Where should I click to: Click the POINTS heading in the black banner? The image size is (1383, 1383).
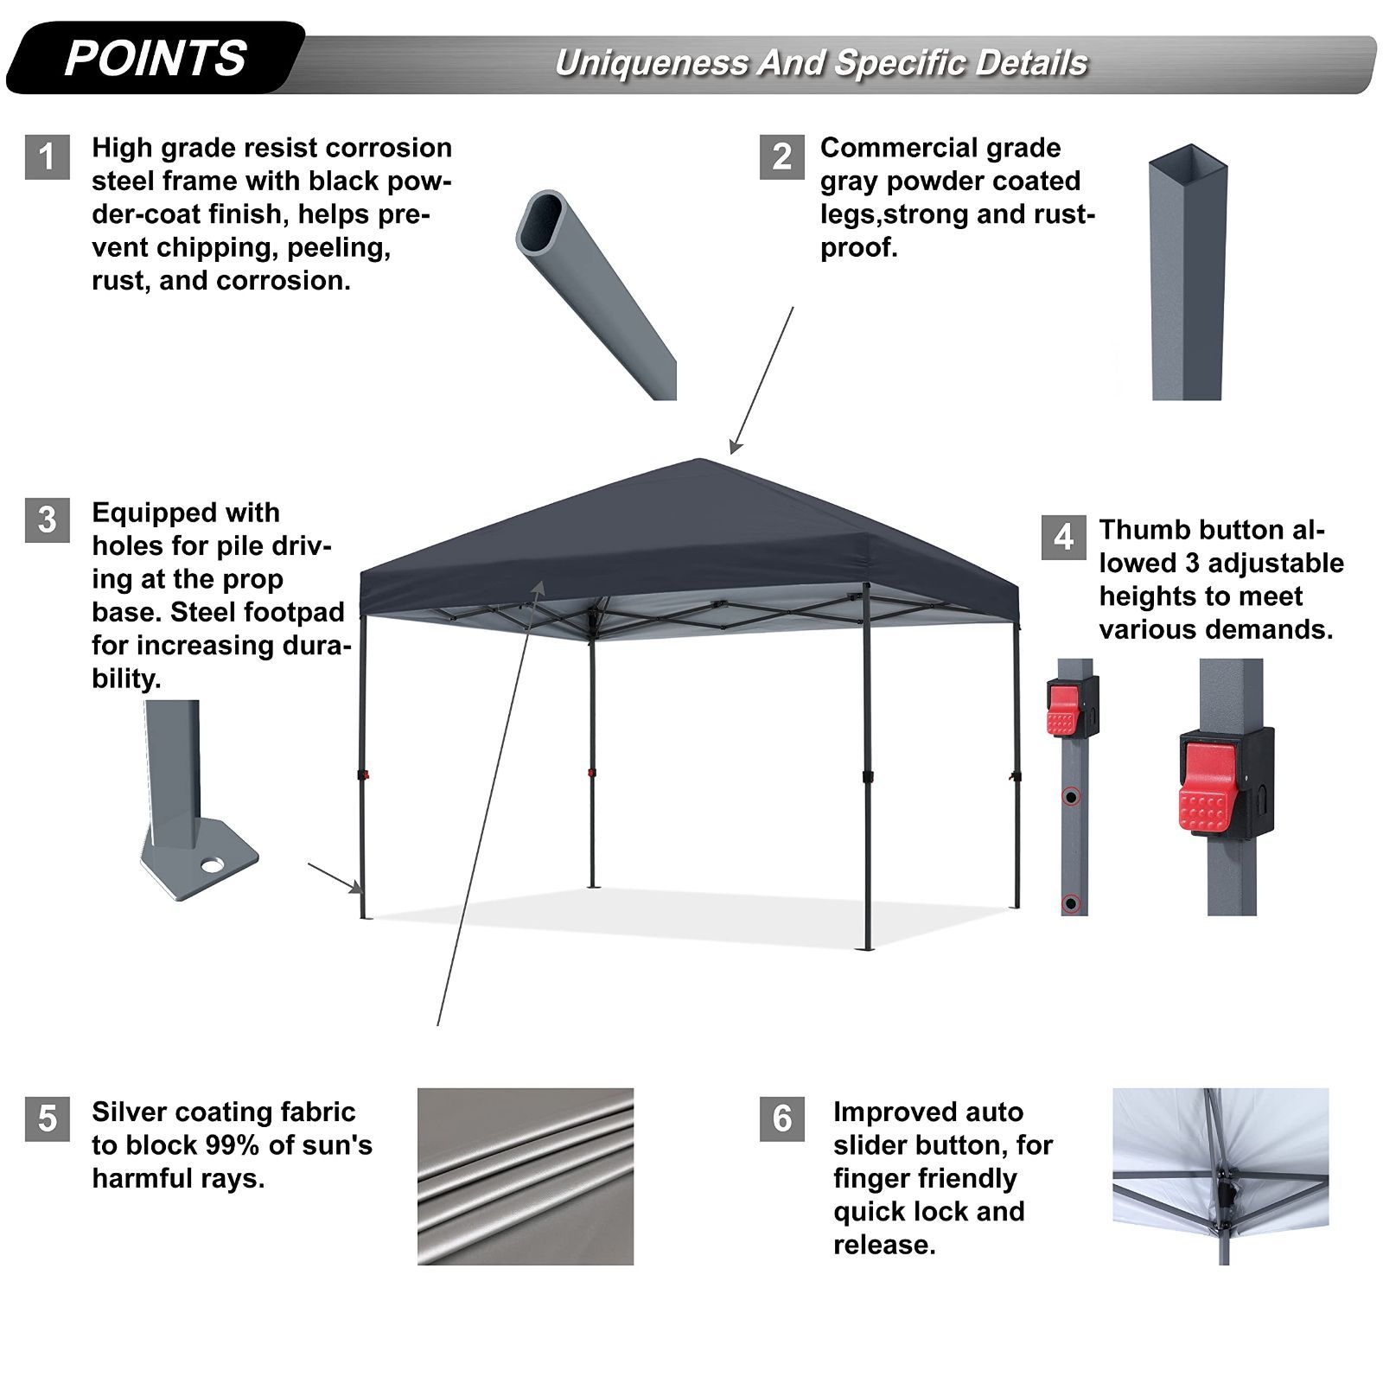[x=156, y=59]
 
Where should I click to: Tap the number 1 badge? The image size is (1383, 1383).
[x=48, y=157]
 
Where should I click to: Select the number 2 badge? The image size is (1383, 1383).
[x=782, y=157]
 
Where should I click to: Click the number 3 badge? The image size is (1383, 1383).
[x=48, y=520]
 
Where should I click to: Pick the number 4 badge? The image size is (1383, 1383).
[x=1064, y=538]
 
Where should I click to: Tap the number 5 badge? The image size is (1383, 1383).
[x=48, y=1119]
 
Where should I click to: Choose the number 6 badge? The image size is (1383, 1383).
[x=782, y=1119]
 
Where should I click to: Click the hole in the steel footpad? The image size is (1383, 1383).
[x=211, y=864]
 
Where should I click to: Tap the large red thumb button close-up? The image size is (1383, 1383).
[x=1207, y=787]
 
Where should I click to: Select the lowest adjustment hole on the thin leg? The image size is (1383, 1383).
[x=1072, y=903]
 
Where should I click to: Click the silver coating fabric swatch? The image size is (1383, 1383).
[x=526, y=1176]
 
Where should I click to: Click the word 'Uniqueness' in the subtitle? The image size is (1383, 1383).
[x=652, y=64]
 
